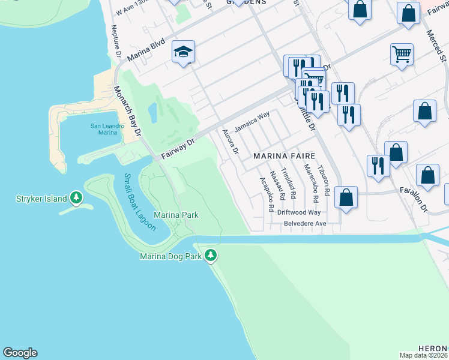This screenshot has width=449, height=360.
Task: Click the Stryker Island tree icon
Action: [76, 197]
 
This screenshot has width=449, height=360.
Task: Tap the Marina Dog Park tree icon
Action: [210, 256]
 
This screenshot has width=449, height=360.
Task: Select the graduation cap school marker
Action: [184, 52]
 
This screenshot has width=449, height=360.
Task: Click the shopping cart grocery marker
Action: [402, 55]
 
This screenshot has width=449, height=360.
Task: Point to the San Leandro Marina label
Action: [107, 129]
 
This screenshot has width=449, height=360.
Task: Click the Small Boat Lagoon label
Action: [139, 202]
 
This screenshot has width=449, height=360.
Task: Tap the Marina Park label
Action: [176, 215]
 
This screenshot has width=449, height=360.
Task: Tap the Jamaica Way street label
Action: [252, 122]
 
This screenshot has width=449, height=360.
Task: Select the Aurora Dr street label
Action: [231, 142]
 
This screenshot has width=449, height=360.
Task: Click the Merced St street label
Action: [436, 47]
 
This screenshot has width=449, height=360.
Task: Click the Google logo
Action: [20, 353]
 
